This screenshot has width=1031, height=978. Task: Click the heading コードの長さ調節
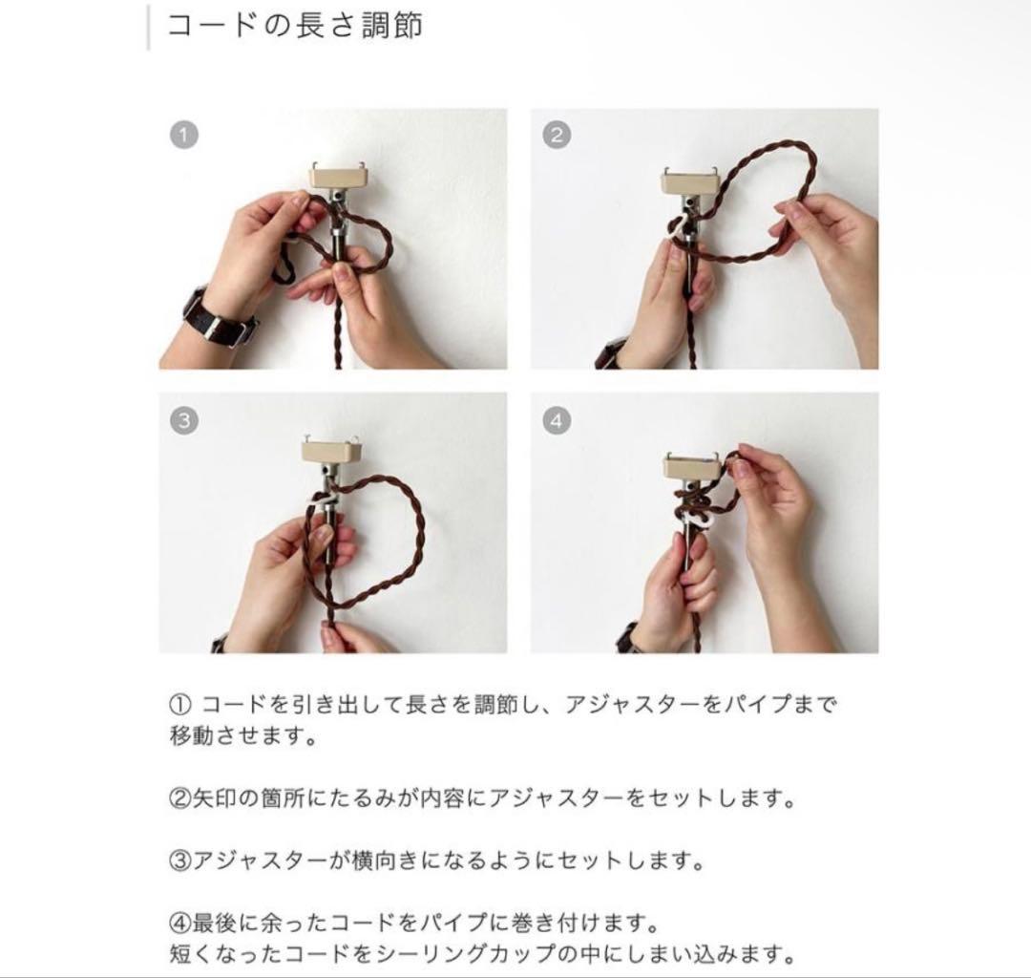pyautogui.click(x=294, y=27)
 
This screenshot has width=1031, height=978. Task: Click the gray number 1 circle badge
pyautogui.click(x=184, y=136)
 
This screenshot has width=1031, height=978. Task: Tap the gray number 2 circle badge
pyautogui.click(x=557, y=136)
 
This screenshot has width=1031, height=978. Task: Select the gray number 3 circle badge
pyautogui.click(x=184, y=420)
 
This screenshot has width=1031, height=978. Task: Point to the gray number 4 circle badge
pyautogui.click(x=557, y=420)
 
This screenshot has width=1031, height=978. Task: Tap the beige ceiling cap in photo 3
pyautogui.click(x=330, y=451)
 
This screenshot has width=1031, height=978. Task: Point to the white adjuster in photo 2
pyautogui.click(x=681, y=227)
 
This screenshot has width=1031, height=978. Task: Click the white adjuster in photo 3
pyautogui.click(x=323, y=501)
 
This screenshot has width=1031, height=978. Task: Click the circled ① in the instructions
pyautogui.click(x=179, y=705)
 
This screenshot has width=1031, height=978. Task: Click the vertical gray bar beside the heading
pyautogui.click(x=148, y=27)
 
